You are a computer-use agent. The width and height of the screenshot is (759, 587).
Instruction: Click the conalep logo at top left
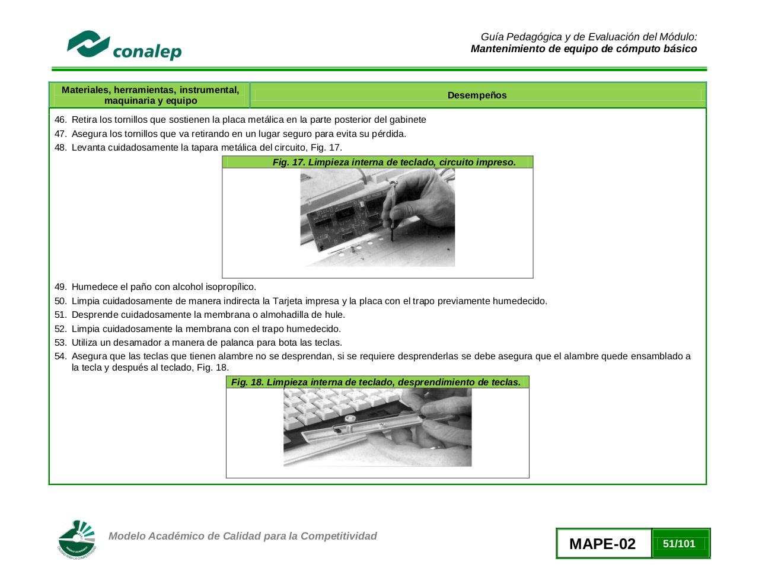tap(124, 46)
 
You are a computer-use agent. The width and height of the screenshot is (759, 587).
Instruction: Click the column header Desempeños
tap(477, 95)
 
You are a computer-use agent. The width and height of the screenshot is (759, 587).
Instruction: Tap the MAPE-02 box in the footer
tap(602, 544)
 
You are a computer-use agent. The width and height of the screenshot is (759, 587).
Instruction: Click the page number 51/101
tap(679, 544)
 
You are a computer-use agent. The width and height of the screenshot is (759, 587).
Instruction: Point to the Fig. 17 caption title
tap(394, 162)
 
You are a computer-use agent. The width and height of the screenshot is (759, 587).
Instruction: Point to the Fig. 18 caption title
tap(376, 382)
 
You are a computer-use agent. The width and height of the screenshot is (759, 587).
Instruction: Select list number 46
tap(60, 120)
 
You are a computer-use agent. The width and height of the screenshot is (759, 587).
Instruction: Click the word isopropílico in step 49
tap(231, 287)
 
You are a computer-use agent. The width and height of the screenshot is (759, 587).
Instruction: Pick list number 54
tap(60, 356)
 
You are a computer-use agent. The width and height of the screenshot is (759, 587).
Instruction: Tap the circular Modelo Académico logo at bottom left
tap(77, 540)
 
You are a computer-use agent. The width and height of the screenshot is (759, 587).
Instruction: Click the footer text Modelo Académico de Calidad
tap(243, 536)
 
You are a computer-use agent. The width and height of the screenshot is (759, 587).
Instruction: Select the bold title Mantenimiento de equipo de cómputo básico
tap(583, 49)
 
